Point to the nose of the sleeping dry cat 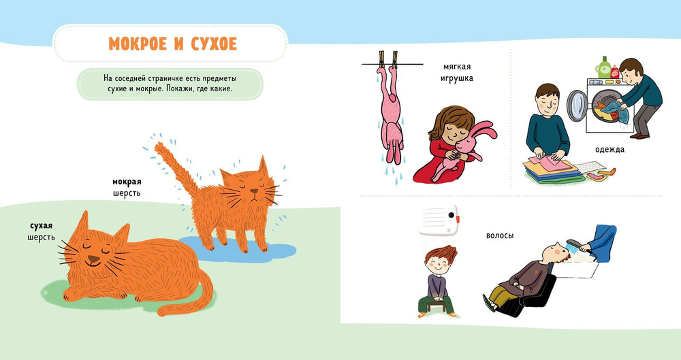point(93,259)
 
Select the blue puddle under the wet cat point(238,250)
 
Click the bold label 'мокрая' point(127,182)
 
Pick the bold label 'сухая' point(42,226)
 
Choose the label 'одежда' point(609,150)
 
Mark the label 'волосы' point(500,235)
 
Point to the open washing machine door point(577,105)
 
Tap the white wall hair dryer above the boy point(439,219)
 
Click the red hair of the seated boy point(442,254)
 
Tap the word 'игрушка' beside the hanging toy point(456,78)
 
